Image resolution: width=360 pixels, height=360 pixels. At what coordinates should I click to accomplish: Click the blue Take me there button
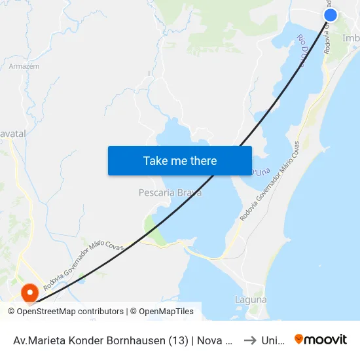pyautogui.click(x=180, y=160)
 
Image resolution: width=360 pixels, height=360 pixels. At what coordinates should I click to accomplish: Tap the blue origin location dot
pyautogui.click(x=331, y=15)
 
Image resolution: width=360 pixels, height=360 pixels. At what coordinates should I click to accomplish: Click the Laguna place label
pyautogui.click(x=251, y=300)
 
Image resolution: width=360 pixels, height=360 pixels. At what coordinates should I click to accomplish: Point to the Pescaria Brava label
pyautogui.click(x=170, y=193)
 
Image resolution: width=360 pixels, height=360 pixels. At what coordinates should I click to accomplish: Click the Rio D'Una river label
pyautogui.click(x=306, y=50)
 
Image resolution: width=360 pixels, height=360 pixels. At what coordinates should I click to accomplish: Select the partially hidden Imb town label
pyautogui.click(x=351, y=38)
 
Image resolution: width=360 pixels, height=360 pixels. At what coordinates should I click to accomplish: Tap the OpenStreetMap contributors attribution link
pyautogui.click(x=70, y=312)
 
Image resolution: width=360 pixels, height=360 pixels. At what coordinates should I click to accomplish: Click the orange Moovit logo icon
pyautogui.click(x=299, y=340)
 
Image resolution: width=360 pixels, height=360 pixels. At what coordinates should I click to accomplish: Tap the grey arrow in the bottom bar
pyautogui.click(x=250, y=340)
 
